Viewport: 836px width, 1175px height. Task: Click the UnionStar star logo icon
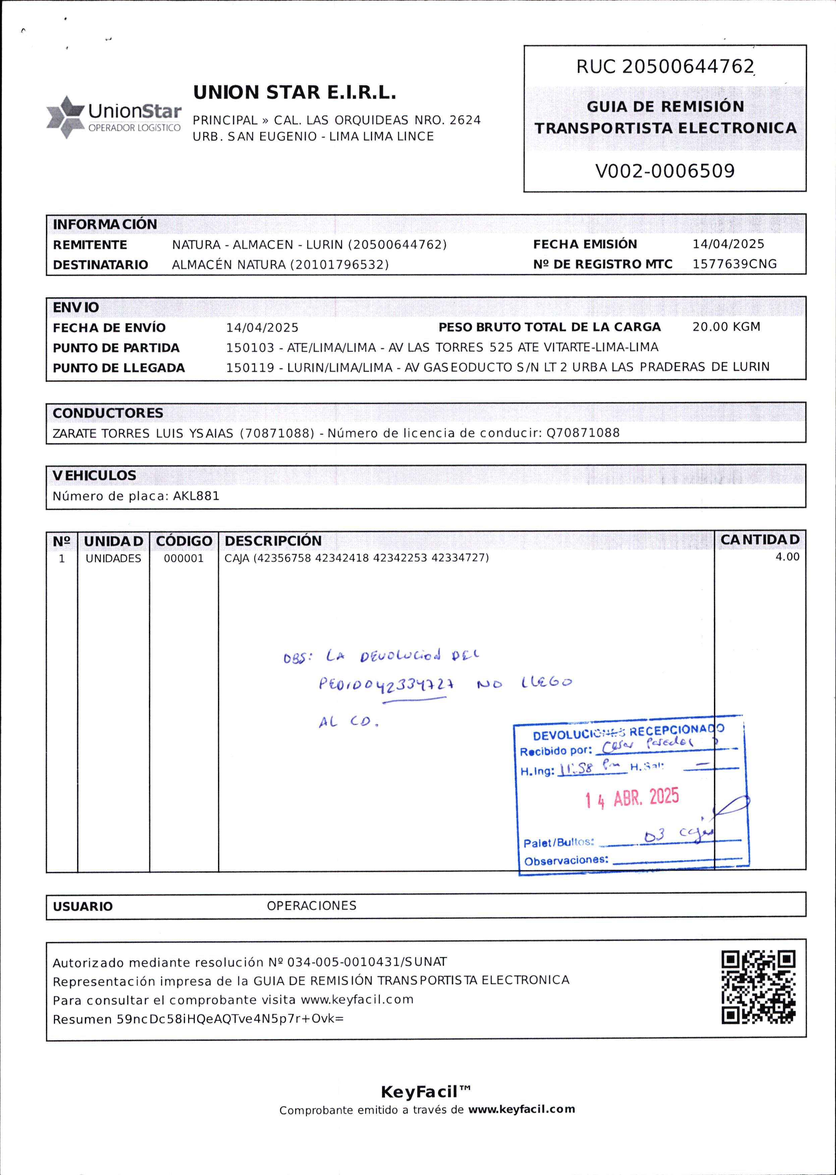coord(65,117)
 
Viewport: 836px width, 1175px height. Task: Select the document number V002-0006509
coord(665,171)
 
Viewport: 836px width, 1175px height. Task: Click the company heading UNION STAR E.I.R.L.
coord(294,93)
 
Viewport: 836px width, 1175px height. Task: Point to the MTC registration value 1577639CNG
coord(734,264)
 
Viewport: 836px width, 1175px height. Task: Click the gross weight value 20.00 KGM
coord(726,327)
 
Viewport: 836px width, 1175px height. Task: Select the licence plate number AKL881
coord(196,496)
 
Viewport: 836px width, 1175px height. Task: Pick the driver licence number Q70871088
coord(583,433)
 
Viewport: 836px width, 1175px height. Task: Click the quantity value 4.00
coord(787,557)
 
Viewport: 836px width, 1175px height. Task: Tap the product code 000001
coord(184,558)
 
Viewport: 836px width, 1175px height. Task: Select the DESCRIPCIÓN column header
coord(273,541)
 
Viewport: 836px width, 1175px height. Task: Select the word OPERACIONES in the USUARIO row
coord(312,906)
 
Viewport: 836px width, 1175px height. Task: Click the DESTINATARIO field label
coord(100,265)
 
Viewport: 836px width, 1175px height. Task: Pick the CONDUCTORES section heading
coord(108,413)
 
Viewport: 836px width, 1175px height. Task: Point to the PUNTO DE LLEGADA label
coord(119,368)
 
